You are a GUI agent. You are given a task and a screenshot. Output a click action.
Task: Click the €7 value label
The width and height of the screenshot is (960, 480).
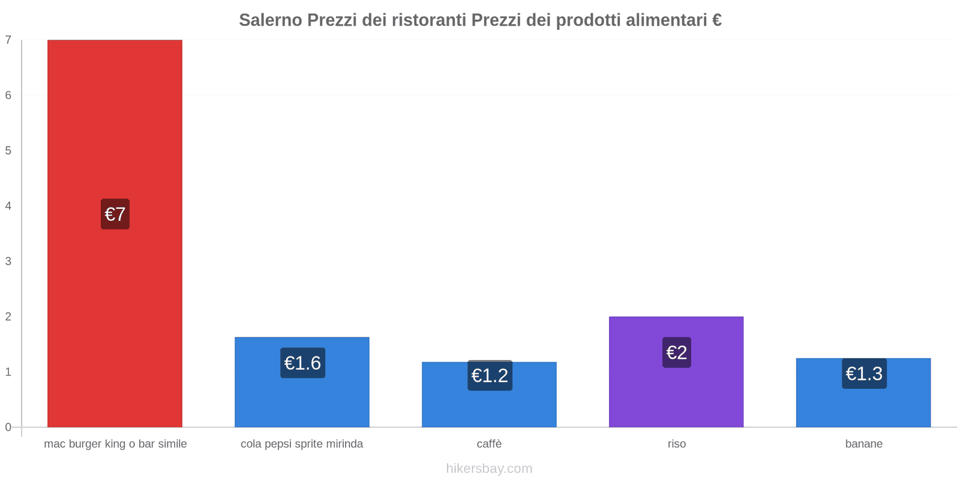(115, 214)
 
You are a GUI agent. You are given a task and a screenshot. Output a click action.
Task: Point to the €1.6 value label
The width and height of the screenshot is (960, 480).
(302, 363)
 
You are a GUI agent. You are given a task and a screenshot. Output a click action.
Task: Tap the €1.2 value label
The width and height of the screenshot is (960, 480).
(490, 376)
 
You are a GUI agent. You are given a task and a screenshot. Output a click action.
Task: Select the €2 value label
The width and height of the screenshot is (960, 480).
(677, 352)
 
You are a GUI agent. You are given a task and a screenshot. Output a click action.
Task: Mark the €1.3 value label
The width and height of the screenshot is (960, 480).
(864, 374)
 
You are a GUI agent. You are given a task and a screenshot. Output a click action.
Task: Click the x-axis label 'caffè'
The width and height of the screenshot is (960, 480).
(489, 444)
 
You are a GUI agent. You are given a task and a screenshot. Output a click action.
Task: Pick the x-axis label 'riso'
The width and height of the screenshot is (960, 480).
(676, 444)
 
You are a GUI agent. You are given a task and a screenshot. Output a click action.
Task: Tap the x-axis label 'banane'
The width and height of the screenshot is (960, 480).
(863, 444)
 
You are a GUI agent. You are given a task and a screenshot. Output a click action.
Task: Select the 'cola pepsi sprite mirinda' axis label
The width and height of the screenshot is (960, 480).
(302, 444)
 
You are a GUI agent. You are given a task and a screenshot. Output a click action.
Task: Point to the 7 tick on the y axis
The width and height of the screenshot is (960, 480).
(8, 40)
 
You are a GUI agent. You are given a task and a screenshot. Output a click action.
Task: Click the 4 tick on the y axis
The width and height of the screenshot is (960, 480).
(8, 206)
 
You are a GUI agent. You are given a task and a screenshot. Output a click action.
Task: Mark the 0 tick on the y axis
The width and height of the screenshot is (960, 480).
(8, 427)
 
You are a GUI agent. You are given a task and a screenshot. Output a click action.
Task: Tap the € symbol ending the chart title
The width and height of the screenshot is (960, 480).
(716, 20)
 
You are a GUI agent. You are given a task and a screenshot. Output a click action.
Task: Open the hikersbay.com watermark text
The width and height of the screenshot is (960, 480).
(489, 469)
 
